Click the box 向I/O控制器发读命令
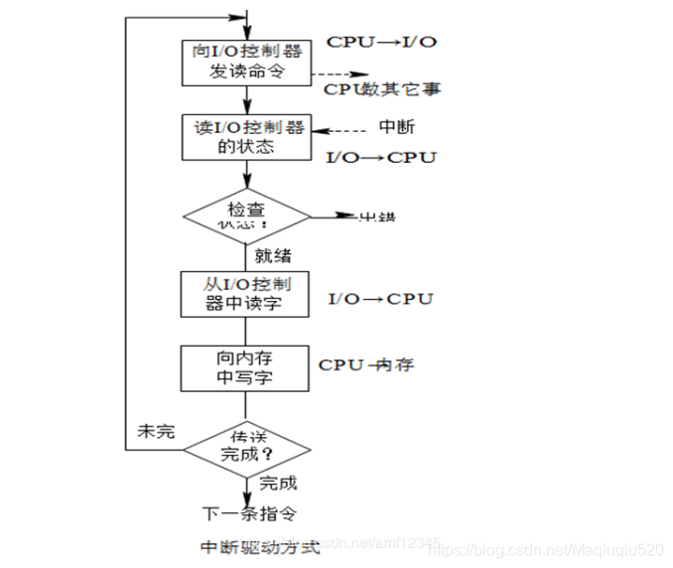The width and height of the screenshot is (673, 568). tap(247, 62)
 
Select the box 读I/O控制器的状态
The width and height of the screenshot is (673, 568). tap(247, 137)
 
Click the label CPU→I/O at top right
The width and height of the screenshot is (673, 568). tap(381, 43)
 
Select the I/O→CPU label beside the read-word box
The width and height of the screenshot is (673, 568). tap(381, 298)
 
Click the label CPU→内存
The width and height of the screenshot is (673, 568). tap(365, 364)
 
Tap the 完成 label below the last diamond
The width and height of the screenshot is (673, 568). tap(278, 484)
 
